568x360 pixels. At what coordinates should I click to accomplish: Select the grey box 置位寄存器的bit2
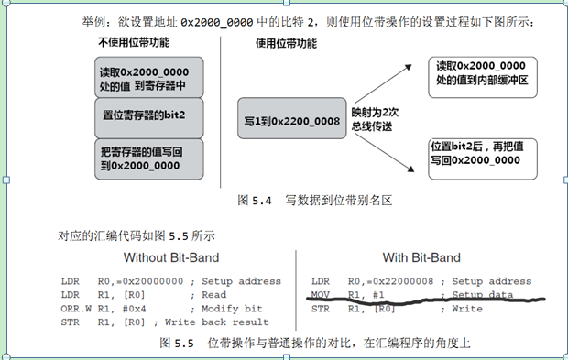tap(147, 116)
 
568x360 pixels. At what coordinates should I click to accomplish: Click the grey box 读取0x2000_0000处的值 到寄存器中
tap(147, 78)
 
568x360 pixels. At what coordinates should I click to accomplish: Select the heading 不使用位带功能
tap(133, 42)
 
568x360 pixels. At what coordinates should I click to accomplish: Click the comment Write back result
tap(228, 322)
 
